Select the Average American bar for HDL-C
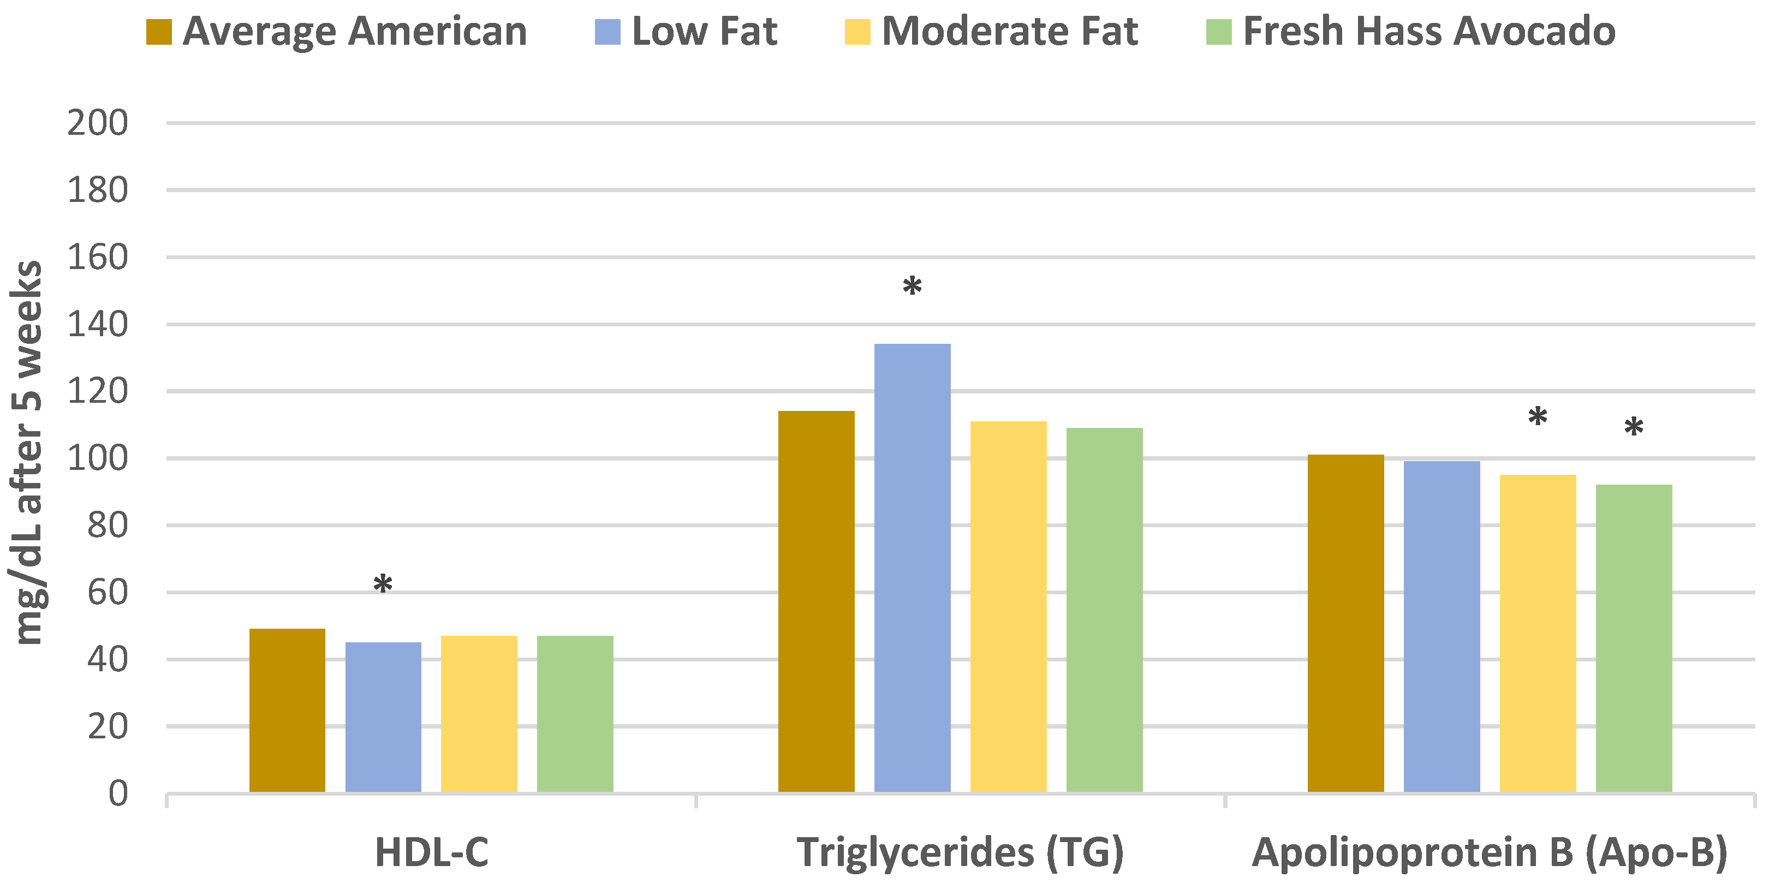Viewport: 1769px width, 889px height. pyautogui.click(x=287, y=710)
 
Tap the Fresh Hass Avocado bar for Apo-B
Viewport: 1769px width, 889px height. pyautogui.click(x=1634, y=638)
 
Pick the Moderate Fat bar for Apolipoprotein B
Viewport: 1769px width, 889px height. pyautogui.click(x=1538, y=633)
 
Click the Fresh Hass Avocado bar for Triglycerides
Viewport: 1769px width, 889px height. pyautogui.click(x=1104, y=610)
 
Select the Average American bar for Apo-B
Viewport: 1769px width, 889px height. pyautogui.click(x=1345, y=623)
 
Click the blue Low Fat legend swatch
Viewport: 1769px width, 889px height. pyautogui.click(x=607, y=32)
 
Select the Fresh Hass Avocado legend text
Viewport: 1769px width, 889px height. pyautogui.click(x=1428, y=32)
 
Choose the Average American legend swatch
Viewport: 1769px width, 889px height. pyautogui.click(x=159, y=32)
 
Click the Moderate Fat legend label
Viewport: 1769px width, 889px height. pyautogui.click(x=1009, y=32)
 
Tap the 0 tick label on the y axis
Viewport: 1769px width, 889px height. pyautogui.click(x=118, y=793)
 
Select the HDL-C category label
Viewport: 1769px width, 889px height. pyautogui.click(x=431, y=852)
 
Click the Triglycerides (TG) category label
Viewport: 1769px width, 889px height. pyautogui.click(x=960, y=852)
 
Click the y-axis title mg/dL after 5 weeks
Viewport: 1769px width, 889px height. pyautogui.click(x=27, y=453)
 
